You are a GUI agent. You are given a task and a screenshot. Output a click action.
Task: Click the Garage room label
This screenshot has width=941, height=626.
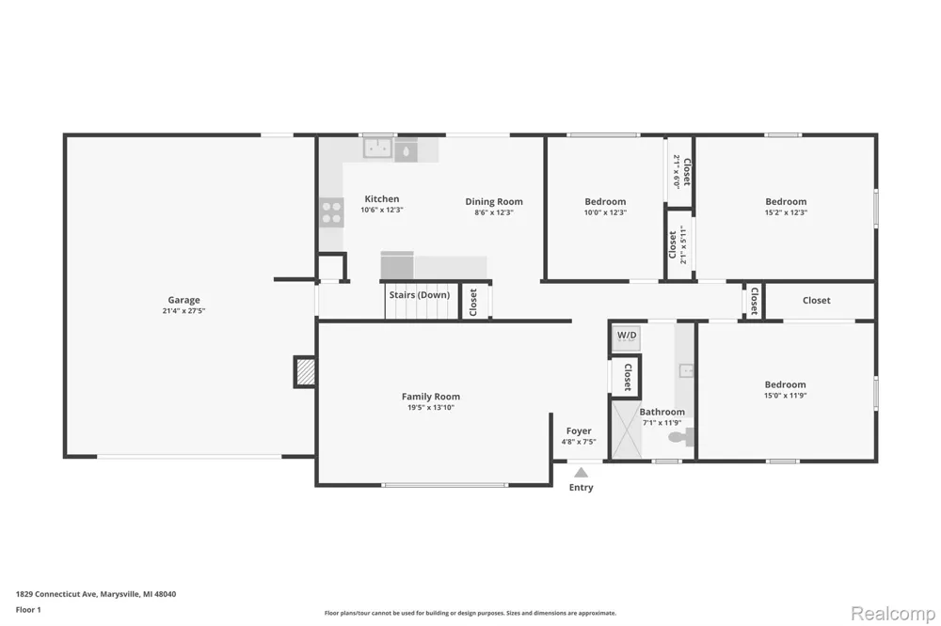point(183,300)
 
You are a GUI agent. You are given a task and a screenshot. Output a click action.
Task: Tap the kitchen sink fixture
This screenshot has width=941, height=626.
point(378,148)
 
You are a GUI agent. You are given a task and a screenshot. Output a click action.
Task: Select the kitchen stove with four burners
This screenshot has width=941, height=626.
point(331,212)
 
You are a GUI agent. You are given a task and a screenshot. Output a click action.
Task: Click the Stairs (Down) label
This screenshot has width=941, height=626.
point(419,295)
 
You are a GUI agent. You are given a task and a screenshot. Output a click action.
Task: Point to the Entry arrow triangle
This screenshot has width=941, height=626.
point(581,473)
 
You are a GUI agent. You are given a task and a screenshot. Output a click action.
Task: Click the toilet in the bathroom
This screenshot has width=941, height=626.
point(681,437)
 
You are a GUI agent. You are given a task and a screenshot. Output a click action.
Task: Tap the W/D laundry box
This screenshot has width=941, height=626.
point(627,337)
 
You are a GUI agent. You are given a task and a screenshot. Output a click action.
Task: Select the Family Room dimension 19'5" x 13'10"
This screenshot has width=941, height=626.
point(431,408)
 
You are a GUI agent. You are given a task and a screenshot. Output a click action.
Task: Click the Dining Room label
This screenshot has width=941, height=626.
point(494,201)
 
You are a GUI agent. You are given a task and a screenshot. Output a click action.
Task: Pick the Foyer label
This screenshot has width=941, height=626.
point(579,431)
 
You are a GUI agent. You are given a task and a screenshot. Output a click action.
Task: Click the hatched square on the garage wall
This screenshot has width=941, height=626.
point(306,372)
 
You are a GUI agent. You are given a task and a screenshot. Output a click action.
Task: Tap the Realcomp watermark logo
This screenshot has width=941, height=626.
point(893,614)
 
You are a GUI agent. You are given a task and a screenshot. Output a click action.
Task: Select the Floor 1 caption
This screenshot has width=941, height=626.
point(28,610)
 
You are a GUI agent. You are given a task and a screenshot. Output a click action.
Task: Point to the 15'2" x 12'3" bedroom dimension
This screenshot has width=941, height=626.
point(786,212)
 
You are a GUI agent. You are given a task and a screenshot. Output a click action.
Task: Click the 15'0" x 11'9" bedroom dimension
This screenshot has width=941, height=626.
point(785,396)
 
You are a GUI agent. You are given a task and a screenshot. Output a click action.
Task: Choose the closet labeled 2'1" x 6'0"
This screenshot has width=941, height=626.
point(681,171)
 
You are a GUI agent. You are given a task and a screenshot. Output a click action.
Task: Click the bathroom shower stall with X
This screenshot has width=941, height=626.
point(627,430)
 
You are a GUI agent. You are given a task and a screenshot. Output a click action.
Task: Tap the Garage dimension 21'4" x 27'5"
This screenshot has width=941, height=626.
point(183,310)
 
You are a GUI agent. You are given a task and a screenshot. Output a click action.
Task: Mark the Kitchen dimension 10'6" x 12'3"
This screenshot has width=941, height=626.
point(382,210)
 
